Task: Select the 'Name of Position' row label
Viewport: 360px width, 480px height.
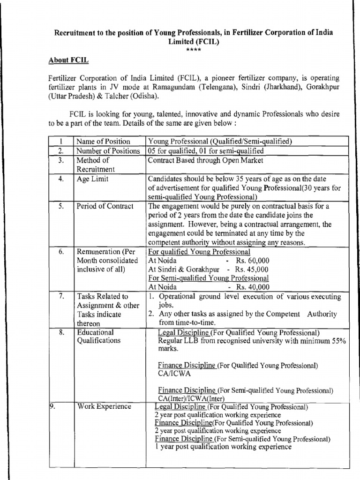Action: pos(103,142)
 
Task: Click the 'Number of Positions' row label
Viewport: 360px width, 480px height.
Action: pos(108,151)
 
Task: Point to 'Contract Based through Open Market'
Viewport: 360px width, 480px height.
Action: pos(206,160)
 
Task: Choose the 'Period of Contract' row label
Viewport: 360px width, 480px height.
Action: pos(105,206)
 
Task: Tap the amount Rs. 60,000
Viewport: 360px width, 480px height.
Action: pos(253,261)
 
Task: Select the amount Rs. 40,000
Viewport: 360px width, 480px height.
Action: pos(253,287)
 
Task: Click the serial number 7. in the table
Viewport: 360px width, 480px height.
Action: pos(61,296)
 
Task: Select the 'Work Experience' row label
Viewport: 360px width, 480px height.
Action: pos(104,406)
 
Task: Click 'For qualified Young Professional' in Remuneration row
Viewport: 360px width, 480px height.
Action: pos(199,252)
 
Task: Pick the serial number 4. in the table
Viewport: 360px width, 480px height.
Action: pos(61,179)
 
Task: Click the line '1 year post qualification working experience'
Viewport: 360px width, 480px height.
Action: pos(223,447)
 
